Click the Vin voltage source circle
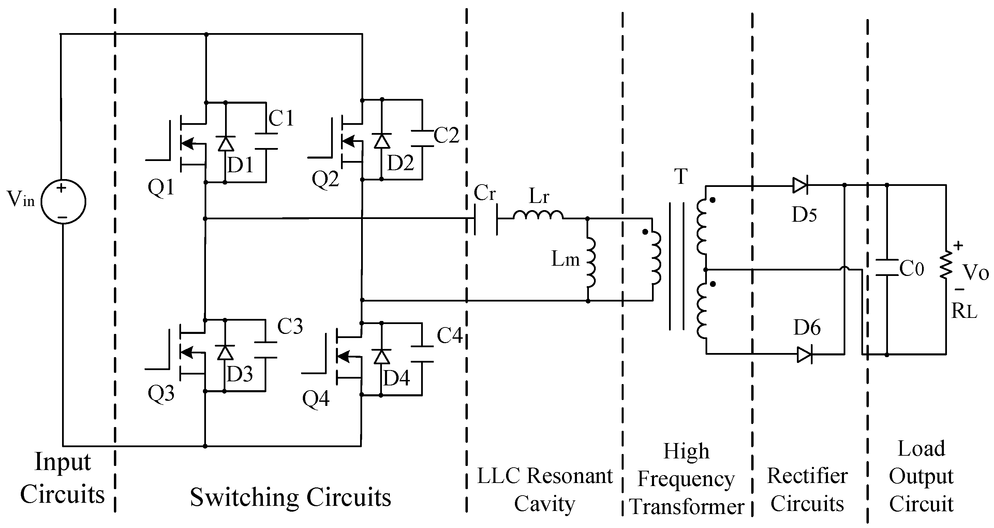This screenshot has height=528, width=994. [63, 202]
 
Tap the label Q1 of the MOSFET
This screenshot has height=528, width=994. [161, 188]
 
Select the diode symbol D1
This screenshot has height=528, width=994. [226, 143]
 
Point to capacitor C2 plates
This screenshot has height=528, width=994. [422, 138]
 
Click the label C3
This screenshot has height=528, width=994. [290, 326]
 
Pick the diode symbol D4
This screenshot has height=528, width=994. [382, 356]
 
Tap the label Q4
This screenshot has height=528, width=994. [316, 399]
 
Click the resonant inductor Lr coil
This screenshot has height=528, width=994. [538, 215]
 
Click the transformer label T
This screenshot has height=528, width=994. [681, 176]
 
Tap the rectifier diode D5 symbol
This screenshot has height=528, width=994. [800, 186]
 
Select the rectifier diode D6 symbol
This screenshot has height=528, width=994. [804, 354]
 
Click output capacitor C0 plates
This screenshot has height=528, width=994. [887, 267]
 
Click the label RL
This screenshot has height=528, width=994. [964, 310]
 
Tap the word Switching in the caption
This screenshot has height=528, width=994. [244, 498]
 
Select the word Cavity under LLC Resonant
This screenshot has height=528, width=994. [545, 504]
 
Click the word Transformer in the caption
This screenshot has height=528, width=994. [687, 507]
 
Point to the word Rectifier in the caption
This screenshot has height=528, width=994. [807, 475]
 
